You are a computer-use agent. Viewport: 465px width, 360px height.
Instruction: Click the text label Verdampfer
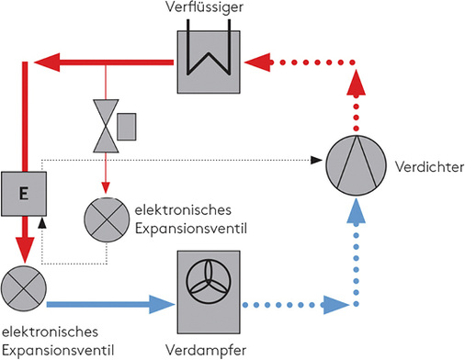(206, 348)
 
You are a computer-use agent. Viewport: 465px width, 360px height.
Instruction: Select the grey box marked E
(23, 193)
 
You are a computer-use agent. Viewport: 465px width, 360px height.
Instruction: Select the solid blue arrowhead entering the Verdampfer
(153, 300)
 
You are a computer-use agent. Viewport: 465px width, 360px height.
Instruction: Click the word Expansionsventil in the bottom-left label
(57, 348)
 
